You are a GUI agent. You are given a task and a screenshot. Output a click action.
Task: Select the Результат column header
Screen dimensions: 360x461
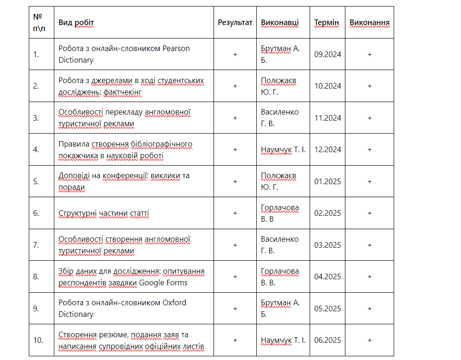click(x=235, y=22)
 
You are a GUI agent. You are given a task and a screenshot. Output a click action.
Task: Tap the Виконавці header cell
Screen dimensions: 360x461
click(x=280, y=22)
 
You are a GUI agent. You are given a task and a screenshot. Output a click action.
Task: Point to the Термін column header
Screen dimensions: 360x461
click(x=326, y=23)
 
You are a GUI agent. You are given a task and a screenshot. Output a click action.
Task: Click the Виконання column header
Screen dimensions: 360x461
click(x=370, y=22)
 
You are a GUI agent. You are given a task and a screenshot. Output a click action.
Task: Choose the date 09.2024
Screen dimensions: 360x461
click(x=327, y=54)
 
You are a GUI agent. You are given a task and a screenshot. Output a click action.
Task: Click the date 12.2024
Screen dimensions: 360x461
click(x=327, y=149)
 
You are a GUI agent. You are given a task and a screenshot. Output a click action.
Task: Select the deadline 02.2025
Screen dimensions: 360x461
click(x=327, y=213)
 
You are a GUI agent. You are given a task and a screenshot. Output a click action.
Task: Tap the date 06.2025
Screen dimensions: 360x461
click(x=327, y=340)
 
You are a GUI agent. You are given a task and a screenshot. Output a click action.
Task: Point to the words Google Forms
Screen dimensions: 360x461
click(x=162, y=283)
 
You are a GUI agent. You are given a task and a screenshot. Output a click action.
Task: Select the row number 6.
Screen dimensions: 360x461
click(x=36, y=213)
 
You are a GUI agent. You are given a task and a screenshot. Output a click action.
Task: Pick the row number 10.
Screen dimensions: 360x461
click(x=38, y=340)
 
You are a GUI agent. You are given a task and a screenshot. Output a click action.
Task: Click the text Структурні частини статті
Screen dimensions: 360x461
click(x=104, y=213)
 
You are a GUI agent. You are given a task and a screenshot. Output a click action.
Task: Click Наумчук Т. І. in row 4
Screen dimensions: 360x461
click(x=283, y=149)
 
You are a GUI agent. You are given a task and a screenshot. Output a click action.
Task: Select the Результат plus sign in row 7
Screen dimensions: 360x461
click(x=235, y=245)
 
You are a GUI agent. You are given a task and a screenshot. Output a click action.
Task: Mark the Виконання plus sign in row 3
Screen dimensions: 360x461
click(x=370, y=118)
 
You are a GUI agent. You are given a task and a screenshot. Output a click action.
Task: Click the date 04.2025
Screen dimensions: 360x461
click(x=327, y=276)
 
